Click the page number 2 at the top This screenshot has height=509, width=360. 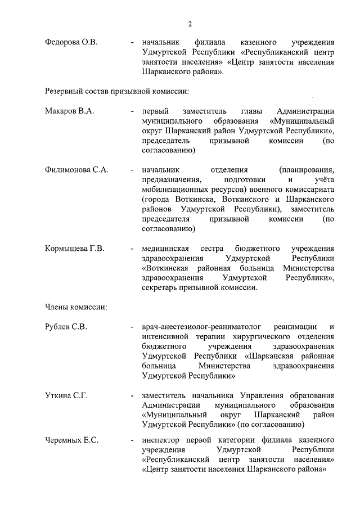click(190, 23)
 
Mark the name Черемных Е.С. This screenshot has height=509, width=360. click(71, 440)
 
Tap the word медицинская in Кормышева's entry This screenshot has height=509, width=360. click(165, 248)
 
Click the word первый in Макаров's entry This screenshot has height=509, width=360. click(154, 111)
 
